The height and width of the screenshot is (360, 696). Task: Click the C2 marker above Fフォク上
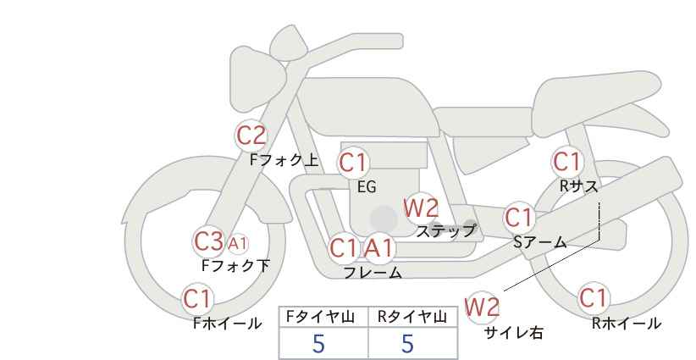[x=251, y=136]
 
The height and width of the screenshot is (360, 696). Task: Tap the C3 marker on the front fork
[x=209, y=242]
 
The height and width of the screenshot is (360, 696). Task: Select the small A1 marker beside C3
[x=238, y=243]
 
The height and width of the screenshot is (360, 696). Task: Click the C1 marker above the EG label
[x=353, y=163]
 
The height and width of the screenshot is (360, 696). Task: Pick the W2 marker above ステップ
[x=421, y=208]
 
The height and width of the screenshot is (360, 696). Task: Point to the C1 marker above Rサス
[x=566, y=162]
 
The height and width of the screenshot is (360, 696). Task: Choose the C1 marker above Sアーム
[x=519, y=218]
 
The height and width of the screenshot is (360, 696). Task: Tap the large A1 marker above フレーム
[x=379, y=248]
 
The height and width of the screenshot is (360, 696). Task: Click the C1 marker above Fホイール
[x=197, y=299]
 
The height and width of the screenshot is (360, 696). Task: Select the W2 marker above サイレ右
[x=482, y=307]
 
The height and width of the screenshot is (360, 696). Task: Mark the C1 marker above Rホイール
[x=594, y=298]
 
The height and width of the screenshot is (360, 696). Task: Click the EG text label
[x=367, y=187]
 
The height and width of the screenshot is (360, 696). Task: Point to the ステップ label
[x=445, y=230]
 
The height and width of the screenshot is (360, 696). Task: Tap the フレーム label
[x=373, y=272]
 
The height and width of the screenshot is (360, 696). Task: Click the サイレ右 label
[x=514, y=333]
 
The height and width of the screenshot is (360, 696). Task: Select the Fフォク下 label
[x=235, y=266]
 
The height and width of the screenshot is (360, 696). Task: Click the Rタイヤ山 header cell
[x=412, y=317]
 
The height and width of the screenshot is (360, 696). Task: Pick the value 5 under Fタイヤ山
[x=318, y=344]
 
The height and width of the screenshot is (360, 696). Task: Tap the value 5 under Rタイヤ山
[x=407, y=344]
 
